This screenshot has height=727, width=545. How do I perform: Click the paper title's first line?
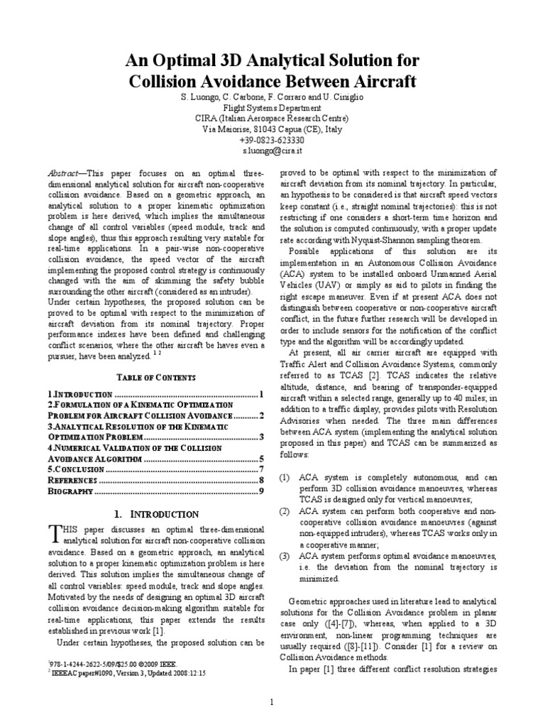(272, 59)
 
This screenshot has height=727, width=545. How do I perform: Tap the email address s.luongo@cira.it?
(272, 152)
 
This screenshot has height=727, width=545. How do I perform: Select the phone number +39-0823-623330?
(272, 141)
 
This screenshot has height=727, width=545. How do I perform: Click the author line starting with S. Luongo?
(272, 96)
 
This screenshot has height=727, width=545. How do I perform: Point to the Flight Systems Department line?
(272, 108)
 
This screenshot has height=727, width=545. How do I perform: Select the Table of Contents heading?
(155, 376)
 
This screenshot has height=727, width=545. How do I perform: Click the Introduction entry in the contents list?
(82, 394)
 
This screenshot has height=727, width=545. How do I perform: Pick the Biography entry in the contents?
(71, 491)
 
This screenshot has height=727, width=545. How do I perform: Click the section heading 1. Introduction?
(155, 514)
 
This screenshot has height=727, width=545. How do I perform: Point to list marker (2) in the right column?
(285, 512)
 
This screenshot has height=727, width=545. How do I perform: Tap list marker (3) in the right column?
(285, 555)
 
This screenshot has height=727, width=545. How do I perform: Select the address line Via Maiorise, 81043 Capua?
(272, 130)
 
